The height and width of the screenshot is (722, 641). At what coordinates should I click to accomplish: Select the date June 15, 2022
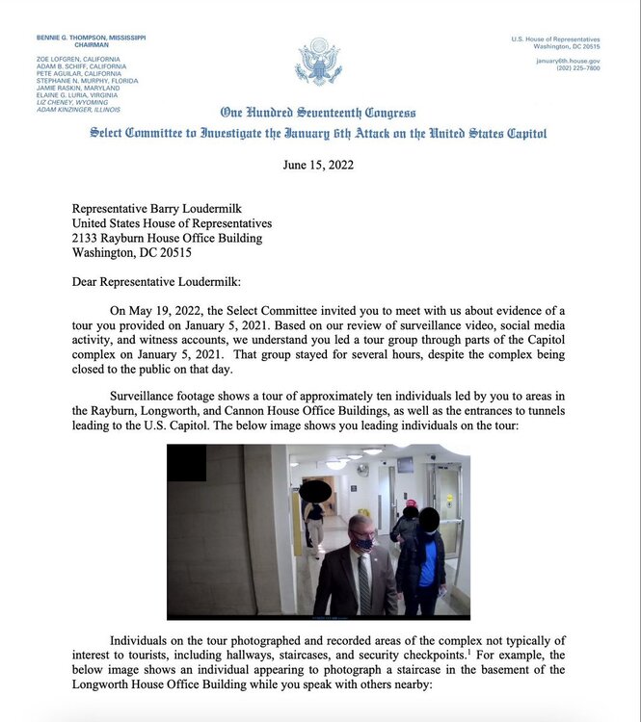tap(318, 165)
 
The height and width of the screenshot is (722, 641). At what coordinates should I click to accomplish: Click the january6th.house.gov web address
tap(568, 60)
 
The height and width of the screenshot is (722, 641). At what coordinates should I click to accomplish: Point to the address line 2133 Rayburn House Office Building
tap(167, 239)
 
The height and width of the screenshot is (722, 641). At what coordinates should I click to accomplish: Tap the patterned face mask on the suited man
tap(361, 543)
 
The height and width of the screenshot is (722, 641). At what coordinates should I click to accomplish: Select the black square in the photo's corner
tap(186, 463)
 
